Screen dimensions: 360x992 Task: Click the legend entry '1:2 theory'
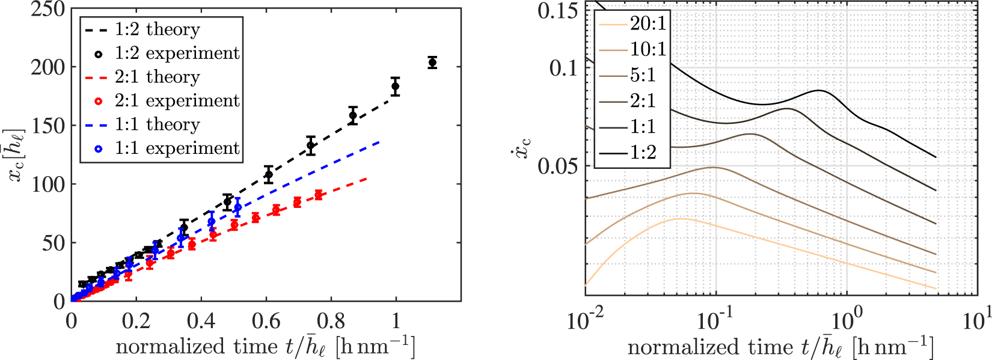pyautogui.click(x=157, y=29)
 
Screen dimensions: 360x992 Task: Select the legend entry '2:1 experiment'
pyautogui.click(x=177, y=100)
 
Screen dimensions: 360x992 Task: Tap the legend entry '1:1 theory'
pyautogui.click(x=157, y=124)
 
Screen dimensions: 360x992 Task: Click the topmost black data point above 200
pyautogui.click(x=432, y=63)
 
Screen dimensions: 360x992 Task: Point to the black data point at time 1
pyautogui.click(x=395, y=86)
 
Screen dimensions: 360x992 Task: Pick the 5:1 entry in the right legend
pyautogui.click(x=643, y=75)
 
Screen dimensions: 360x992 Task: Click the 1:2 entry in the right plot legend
pyautogui.click(x=643, y=153)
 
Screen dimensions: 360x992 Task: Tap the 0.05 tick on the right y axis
pyautogui.click(x=558, y=165)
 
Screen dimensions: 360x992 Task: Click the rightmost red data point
pyautogui.click(x=318, y=195)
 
